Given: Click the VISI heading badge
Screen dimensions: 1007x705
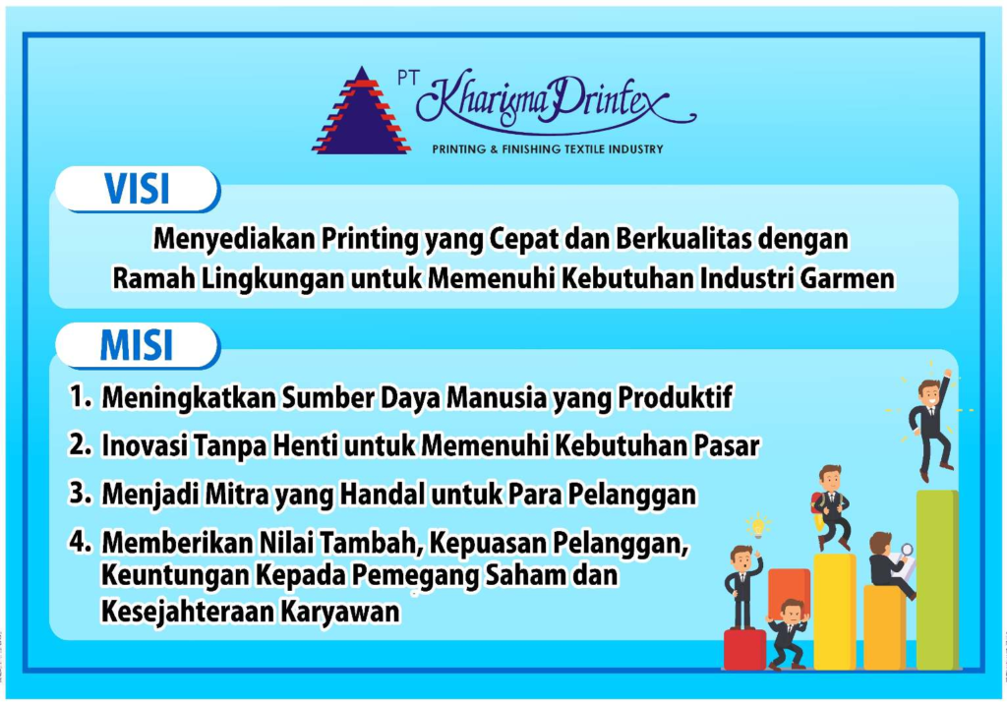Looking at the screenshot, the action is click(138, 189).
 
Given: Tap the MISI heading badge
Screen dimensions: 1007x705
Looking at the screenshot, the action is click(138, 345).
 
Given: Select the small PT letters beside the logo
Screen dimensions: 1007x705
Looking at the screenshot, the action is click(408, 79).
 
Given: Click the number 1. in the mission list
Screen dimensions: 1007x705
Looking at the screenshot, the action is click(81, 397).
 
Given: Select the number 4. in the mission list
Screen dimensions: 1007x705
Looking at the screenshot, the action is click(81, 542).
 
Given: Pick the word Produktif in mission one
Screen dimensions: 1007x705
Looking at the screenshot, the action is click(675, 397).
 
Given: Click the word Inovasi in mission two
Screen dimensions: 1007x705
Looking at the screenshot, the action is click(145, 445).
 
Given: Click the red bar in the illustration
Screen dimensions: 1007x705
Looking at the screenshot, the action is click(745, 649).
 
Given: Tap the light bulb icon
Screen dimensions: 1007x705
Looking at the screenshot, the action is click(758, 526).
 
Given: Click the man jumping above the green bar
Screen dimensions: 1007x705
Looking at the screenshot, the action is click(932, 424).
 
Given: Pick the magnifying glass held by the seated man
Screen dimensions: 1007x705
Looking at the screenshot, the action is click(906, 551).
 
